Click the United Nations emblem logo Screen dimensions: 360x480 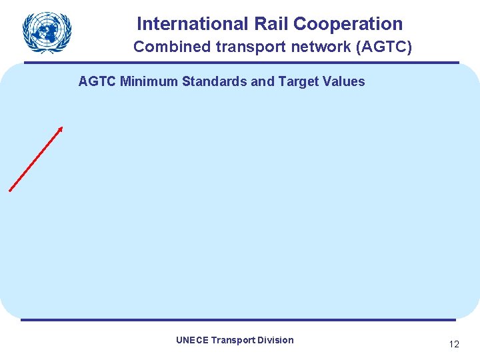click(x=47, y=31)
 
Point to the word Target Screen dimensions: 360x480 click(x=293, y=82)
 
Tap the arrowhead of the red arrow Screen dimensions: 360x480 click(x=61, y=128)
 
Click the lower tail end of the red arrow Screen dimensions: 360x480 click(x=11, y=190)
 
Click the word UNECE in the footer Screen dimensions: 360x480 click(x=192, y=340)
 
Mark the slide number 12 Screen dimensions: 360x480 click(x=454, y=345)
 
